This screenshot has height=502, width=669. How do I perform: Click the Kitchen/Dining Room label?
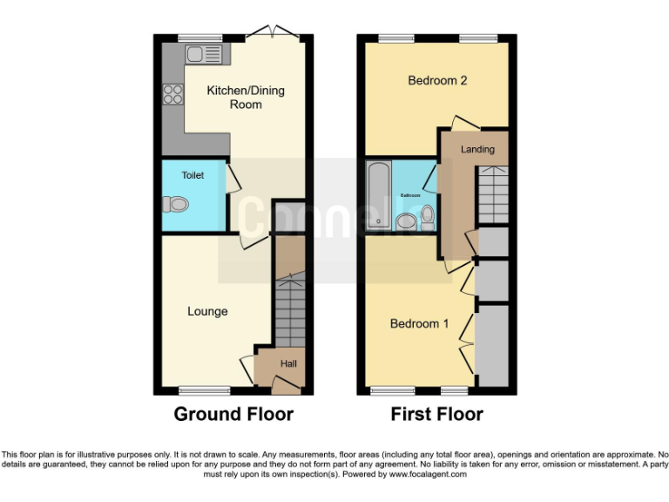point(245,97)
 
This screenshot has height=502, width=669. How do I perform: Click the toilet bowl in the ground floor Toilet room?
point(176,204)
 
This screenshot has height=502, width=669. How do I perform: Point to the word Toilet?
point(193,175)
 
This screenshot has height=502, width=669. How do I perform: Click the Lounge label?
point(207,311)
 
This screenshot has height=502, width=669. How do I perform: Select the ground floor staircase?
point(289,312)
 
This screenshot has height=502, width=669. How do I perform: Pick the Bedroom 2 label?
point(437,80)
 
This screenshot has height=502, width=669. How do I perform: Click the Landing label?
point(477,149)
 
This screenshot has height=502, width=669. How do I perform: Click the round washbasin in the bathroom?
point(406,222)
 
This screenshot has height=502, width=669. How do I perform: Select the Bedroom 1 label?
point(419,323)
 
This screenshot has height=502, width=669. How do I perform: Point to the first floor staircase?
point(492,196)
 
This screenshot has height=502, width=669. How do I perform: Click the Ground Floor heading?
point(233,414)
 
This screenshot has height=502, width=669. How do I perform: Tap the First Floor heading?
point(436,414)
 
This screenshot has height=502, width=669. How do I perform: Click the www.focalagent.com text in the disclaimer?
point(428,474)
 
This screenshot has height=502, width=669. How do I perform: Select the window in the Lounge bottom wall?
point(205,390)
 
